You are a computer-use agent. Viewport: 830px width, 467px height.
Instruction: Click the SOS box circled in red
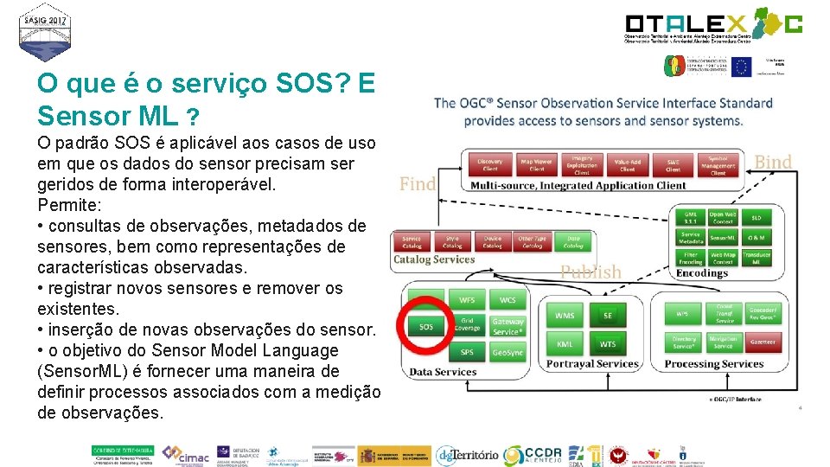pyautogui.click(x=426, y=327)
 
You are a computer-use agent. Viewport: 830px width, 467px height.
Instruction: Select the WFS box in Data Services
pyautogui.click(x=466, y=301)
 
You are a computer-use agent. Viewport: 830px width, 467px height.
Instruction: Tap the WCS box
pyautogui.click(x=508, y=301)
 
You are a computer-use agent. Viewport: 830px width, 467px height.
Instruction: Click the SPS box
pyautogui.click(x=466, y=353)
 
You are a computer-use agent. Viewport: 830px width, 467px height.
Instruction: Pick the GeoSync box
pyautogui.click(x=508, y=353)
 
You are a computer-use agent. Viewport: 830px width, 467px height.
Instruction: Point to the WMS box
pyautogui.click(x=565, y=316)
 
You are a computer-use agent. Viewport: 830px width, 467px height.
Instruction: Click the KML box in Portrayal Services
pyautogui.click(x=565, y=344)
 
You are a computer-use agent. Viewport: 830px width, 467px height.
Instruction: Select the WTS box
pyautogui.click(x=607, y=344)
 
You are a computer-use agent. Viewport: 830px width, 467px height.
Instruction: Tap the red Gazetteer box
pyautogui.click(x=763, y=343)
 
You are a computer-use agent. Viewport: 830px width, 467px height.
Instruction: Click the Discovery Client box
pyautogui.click(x=490, y=164)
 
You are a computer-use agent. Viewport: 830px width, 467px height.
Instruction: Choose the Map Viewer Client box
pyautogui.click(x=536, y=164)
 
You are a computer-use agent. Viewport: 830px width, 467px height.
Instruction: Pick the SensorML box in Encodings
pyautogui.click(x=723, y=236)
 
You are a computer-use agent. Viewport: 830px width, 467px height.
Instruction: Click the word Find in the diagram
pyautogui.click(x=417, y=183)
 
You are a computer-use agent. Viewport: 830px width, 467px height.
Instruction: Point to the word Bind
pyautogui.click(x=772, y=162)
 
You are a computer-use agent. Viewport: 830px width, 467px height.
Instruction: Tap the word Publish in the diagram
pyautogui.click(x=591, y=272)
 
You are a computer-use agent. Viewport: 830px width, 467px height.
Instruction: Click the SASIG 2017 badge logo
pyautogui.click(x=46, y=32)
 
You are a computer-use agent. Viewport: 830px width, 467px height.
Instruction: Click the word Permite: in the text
pyautogui.click(x=68, y=205)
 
